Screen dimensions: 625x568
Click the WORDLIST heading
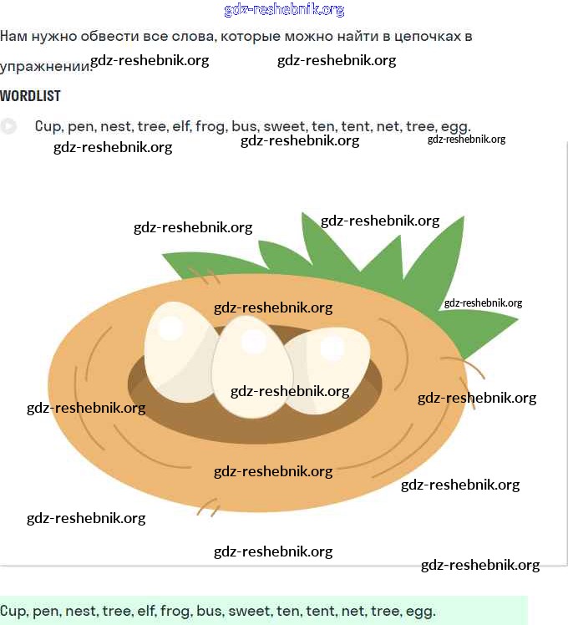[30, 96]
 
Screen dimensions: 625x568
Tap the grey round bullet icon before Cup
[8, 127]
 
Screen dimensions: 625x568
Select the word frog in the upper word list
[211, 127]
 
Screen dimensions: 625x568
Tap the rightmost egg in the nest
[327, 368]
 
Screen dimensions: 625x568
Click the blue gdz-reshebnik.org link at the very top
[284, 10]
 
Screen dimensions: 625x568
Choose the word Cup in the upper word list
[48, 127]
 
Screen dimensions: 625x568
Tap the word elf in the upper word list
[181, 127]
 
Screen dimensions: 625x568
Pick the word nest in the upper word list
[116, 127]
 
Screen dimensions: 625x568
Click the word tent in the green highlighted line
[320, 612]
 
